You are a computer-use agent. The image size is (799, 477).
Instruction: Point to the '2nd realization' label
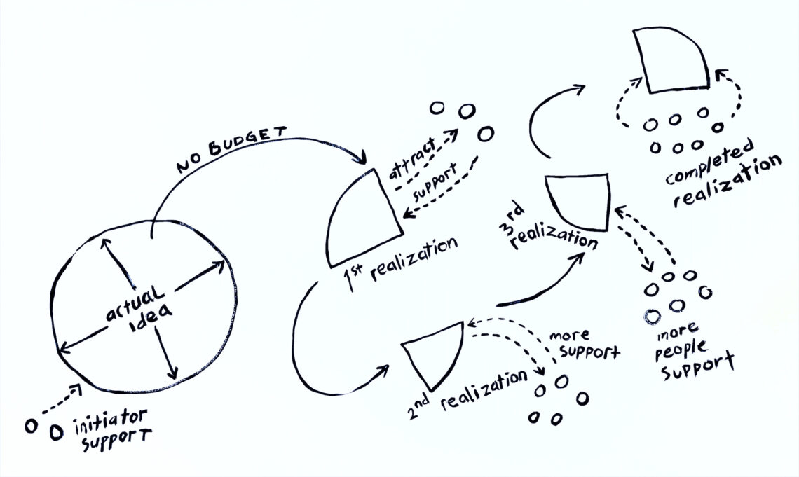466,391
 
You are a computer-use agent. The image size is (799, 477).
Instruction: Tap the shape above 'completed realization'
669,62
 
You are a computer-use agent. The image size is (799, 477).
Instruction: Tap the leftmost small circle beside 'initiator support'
31,426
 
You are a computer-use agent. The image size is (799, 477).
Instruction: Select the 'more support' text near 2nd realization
585,343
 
